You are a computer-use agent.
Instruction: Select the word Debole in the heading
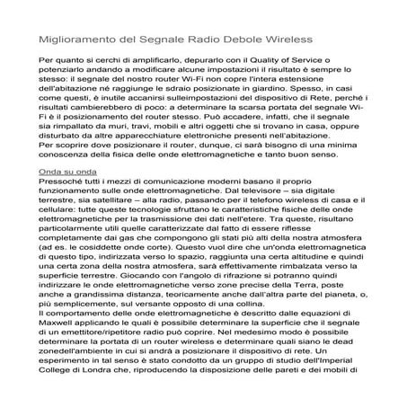(231, 41)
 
